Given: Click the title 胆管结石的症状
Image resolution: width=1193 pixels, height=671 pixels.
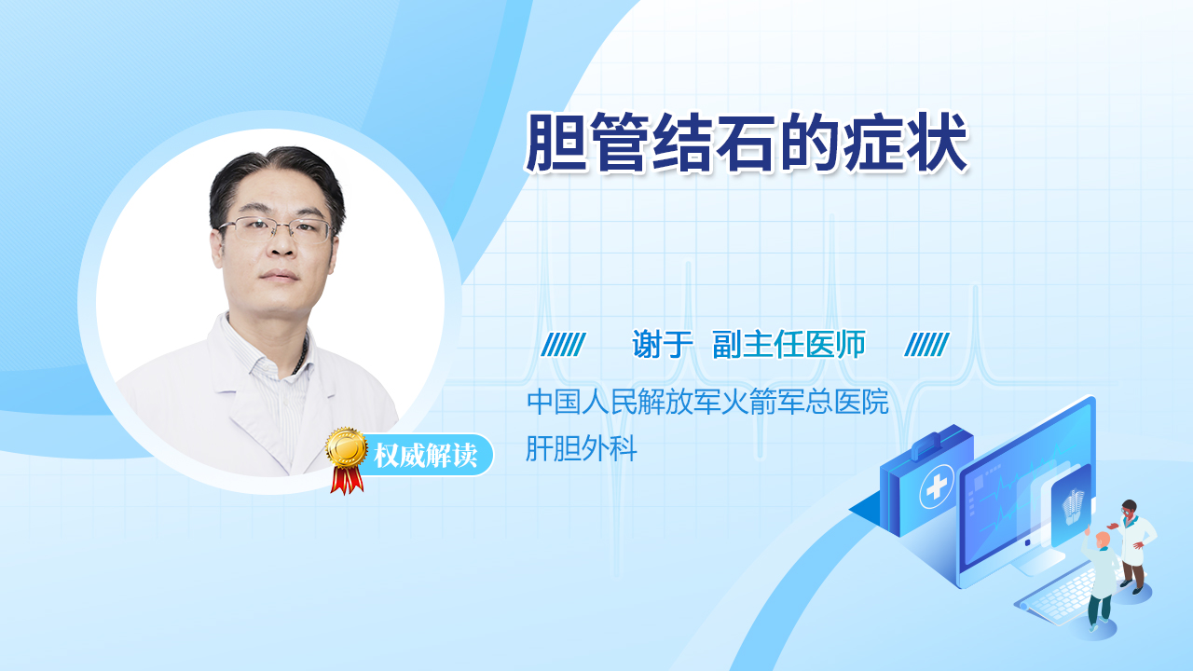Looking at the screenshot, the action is point(747,143).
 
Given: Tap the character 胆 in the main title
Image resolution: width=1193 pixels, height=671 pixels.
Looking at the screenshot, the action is point(555,143).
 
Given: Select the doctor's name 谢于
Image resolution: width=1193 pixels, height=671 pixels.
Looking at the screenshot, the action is point(662,344).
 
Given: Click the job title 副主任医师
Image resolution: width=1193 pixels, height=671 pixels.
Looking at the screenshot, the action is point(788,344).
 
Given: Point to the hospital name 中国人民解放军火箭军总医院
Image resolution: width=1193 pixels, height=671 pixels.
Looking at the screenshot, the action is point(707,402).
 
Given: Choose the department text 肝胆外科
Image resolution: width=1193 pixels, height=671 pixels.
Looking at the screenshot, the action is point(581,448).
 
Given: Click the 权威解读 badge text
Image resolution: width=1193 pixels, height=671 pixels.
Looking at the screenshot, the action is point(425,456).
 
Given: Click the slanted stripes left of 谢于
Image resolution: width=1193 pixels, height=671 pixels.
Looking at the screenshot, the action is point(563,345).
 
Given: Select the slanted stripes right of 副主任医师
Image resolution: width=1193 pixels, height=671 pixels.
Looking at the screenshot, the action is point(926,345).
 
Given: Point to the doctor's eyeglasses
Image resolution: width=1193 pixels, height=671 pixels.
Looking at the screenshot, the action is point(277,229).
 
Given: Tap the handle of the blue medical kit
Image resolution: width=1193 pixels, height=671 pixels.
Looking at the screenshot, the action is point(931,443).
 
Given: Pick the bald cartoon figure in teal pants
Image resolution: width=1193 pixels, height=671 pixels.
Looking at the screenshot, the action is point(1099,581).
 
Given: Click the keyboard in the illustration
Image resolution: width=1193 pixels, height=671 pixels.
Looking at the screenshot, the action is point(1060,596).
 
